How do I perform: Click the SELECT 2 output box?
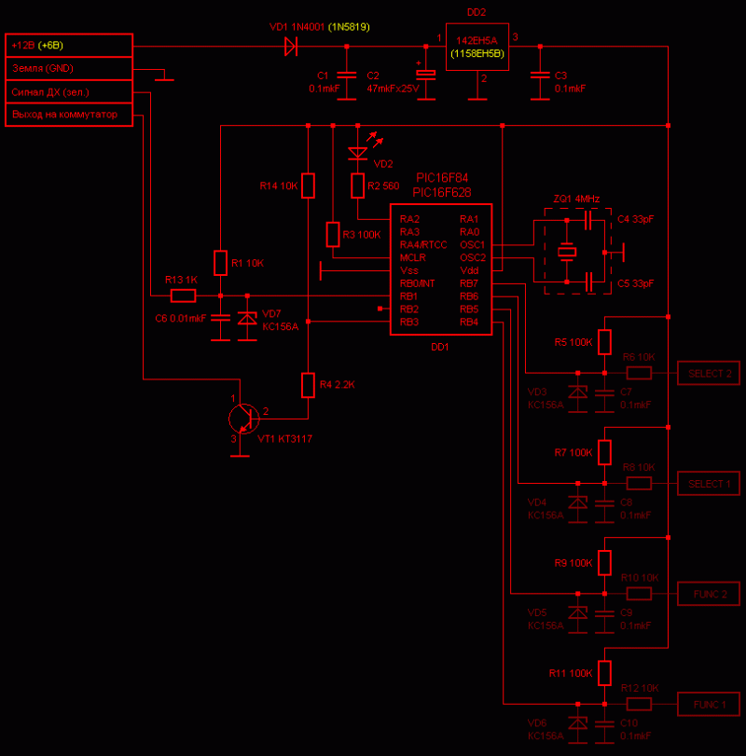click(x=710, y=373)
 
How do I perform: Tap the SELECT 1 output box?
click(x=710, y=483)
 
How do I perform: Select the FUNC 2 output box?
click(x=710, y=593)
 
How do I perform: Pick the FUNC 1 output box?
click(x=710, y=703)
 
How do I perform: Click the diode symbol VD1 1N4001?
click(x=290, y=45)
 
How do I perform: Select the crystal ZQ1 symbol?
click(x=567, y=251)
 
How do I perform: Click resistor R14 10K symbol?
click(x=309, y=186)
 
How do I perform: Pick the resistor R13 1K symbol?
click(x=184, y=296)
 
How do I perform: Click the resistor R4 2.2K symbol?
click(x=309, y=384)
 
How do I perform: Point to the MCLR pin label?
click(x=413, y=257)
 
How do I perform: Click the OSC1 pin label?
click(x=472, y=244)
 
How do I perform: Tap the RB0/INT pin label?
click(x=418, y=283)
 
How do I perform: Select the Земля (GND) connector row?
click(x=69, y=68)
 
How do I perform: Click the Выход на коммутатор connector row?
click(x=69, y=115)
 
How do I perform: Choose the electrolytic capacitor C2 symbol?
click(x=425, y=75)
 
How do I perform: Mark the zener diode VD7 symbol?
click(x=247, y=319)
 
